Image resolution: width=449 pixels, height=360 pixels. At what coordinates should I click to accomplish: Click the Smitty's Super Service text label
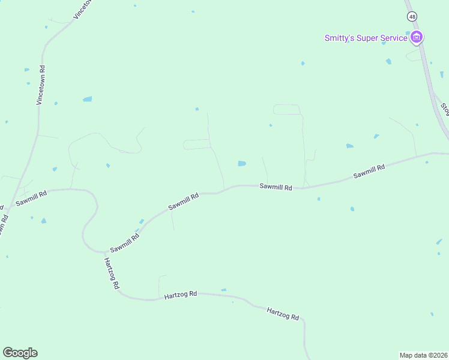[366, 38]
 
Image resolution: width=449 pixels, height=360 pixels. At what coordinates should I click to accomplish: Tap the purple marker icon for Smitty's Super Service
[417, 38]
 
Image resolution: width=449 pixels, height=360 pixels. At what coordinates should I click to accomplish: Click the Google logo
[20, 353]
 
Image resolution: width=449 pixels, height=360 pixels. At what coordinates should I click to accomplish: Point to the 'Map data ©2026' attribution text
[424, 355]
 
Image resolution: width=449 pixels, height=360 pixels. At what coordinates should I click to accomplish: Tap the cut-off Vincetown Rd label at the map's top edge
[84, 9]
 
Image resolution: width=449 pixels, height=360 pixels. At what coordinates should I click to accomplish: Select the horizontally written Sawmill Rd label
[276, 187]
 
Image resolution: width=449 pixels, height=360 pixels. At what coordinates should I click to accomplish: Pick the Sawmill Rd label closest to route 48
[369, 172]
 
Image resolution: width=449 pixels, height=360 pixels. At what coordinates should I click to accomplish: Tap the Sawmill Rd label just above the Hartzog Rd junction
[124, 242]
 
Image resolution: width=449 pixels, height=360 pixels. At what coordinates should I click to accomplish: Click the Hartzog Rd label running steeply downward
[111, 274]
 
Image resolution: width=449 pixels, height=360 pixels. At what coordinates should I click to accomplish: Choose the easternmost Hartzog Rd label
[283, 313]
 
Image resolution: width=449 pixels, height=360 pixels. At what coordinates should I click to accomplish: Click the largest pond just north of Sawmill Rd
[241, 163]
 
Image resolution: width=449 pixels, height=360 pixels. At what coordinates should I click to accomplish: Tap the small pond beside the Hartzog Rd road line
[223, 290]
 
